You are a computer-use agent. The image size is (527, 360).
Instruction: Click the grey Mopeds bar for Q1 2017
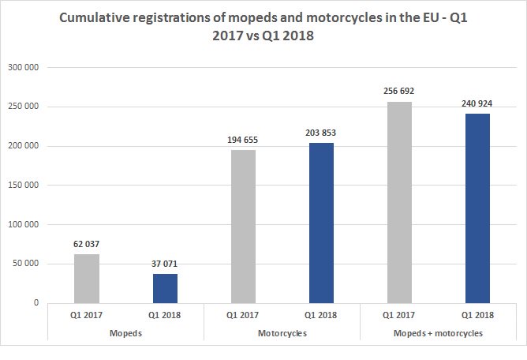87,278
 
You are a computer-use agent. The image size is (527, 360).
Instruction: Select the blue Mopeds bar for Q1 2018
165,288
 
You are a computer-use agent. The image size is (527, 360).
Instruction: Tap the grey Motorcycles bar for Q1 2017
243,226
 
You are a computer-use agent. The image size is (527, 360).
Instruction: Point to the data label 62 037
87,244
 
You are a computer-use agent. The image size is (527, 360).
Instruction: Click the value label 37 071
165,264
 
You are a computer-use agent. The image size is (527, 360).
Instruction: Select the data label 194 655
243,140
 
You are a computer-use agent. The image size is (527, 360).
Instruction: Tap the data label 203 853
321,133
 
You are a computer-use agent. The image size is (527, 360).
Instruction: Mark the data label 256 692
399,91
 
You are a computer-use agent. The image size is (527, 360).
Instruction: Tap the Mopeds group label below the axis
125,334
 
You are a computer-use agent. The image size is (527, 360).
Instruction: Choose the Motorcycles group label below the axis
282,334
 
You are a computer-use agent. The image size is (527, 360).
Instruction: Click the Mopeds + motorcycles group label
438,334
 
